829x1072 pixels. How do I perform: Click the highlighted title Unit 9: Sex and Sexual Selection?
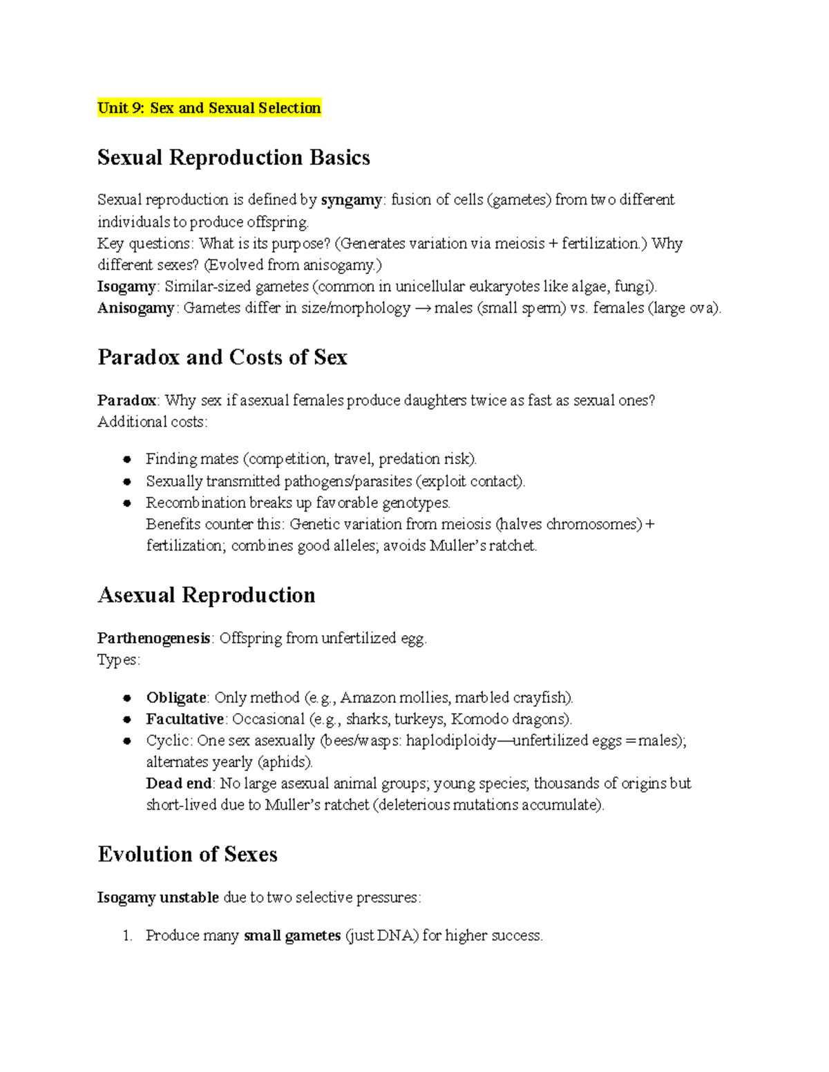(x=209, y=108)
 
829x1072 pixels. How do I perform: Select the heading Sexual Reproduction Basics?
(x=234, y=157)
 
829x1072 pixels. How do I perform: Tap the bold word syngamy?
(x=351, y=200)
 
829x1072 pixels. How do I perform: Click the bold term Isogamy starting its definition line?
(x=126, y=286)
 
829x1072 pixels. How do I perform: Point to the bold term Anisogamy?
(x=135, y=308)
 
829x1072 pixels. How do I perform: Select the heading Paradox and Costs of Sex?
(x=222, y=357)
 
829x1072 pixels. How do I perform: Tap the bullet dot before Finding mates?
(x=127, y=460)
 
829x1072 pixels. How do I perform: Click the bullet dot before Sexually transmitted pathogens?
(x=127, y=482)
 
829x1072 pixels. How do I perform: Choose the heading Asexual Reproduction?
(x=206, y=594)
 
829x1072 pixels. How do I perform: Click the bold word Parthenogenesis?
(x=153, y=639)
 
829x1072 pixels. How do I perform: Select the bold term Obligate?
(x=176, y=698)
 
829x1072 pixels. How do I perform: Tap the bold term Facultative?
(x=184, y=719)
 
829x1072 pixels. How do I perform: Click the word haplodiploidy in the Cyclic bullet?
(x=450, y=741)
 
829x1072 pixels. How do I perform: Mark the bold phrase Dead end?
(x=179, y=783)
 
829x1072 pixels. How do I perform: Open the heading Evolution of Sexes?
(x=187, y=854)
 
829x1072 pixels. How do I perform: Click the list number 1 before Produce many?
(x=126, y=936)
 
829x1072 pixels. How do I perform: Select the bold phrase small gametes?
(x=292, y=936)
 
